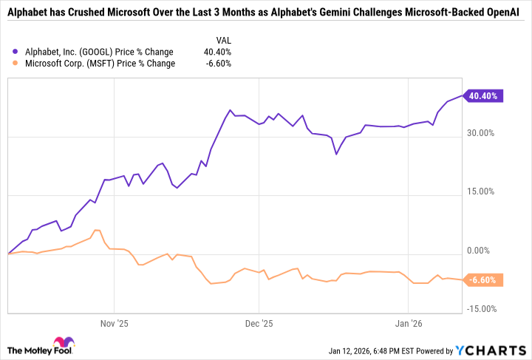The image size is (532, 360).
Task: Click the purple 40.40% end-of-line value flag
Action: click(483, 95)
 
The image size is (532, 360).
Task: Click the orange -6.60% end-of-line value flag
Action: click(483, 280)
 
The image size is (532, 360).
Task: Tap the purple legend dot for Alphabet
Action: click(16, 52)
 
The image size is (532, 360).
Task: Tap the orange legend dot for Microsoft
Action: click(16, 64)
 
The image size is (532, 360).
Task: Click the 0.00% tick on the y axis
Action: click(481, 251)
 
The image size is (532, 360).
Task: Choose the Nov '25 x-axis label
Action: click(115, 324)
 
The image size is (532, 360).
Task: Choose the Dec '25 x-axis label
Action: click(259, 324)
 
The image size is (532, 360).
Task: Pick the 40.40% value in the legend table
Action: click(217, 52)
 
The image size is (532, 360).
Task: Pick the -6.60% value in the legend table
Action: click(218, 64)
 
